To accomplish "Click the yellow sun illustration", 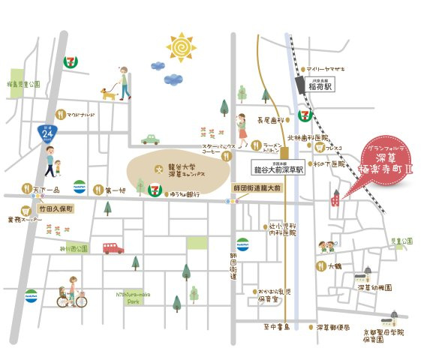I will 180,47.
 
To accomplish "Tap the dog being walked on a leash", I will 108,94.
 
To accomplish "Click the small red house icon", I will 336,199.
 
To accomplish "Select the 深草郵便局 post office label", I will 332,327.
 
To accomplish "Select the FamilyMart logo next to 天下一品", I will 80,187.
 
